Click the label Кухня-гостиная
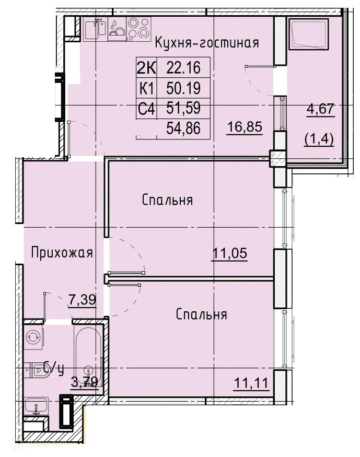coord(206,42)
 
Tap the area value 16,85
coord(245,126)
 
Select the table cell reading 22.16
coord(183,67)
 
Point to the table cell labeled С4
coord(146,108)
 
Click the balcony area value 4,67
coord(320,110)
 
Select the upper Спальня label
coord(167,200)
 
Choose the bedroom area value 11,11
coord(251,384)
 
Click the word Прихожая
coord(62,253)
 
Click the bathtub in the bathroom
coord(86,355)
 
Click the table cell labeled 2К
coord(146,67)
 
